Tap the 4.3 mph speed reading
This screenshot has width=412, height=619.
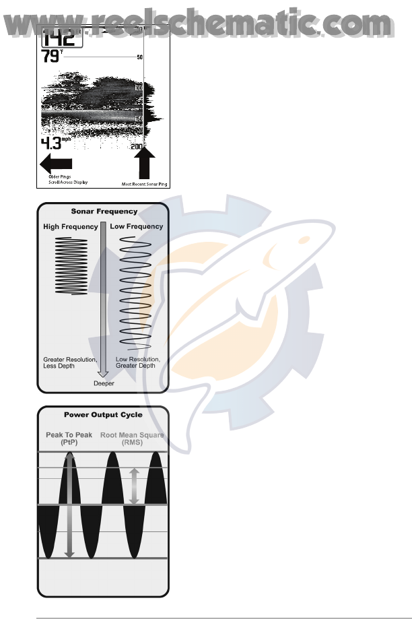coord(55,143)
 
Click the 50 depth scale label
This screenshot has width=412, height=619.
coord(139,57)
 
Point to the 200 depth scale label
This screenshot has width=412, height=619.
coord(137,147)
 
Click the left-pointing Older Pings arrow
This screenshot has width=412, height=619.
coord(56,162)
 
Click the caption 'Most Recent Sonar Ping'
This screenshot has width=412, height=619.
coord(143,183)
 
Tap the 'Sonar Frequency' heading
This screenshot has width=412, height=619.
coord(104,211)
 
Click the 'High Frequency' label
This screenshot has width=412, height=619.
coord(71,227)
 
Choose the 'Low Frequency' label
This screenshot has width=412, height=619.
coord(136,227)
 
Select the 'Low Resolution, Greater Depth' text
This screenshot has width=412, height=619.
coord(137,363)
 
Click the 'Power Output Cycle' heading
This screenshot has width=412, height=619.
coord(104,414)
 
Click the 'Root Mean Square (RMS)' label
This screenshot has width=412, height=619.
coord(133,438)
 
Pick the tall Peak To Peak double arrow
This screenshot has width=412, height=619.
coord(69,505)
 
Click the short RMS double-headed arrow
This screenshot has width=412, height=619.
coord(134,486)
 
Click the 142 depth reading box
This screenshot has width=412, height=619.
coord(57,36)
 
